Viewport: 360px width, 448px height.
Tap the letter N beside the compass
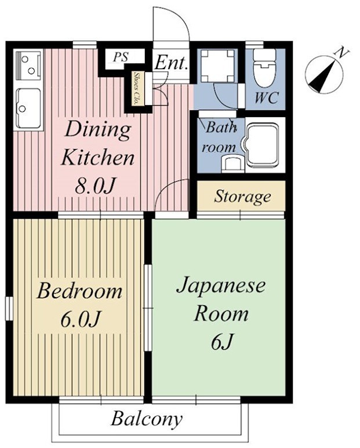[343, 53]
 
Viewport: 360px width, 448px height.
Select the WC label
[266, 97]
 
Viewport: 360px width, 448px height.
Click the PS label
[121, 57]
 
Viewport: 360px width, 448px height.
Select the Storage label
[242, 197]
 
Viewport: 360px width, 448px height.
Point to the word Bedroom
[79, 290]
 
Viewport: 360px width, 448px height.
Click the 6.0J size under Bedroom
[79, 319]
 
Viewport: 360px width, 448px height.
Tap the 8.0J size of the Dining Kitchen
[97, 186]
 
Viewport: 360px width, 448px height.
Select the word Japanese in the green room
[220, 286]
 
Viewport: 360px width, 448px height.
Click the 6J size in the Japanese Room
[221, 342]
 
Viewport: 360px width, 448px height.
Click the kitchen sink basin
[28, 107]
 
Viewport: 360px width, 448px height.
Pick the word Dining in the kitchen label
[97, 129]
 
